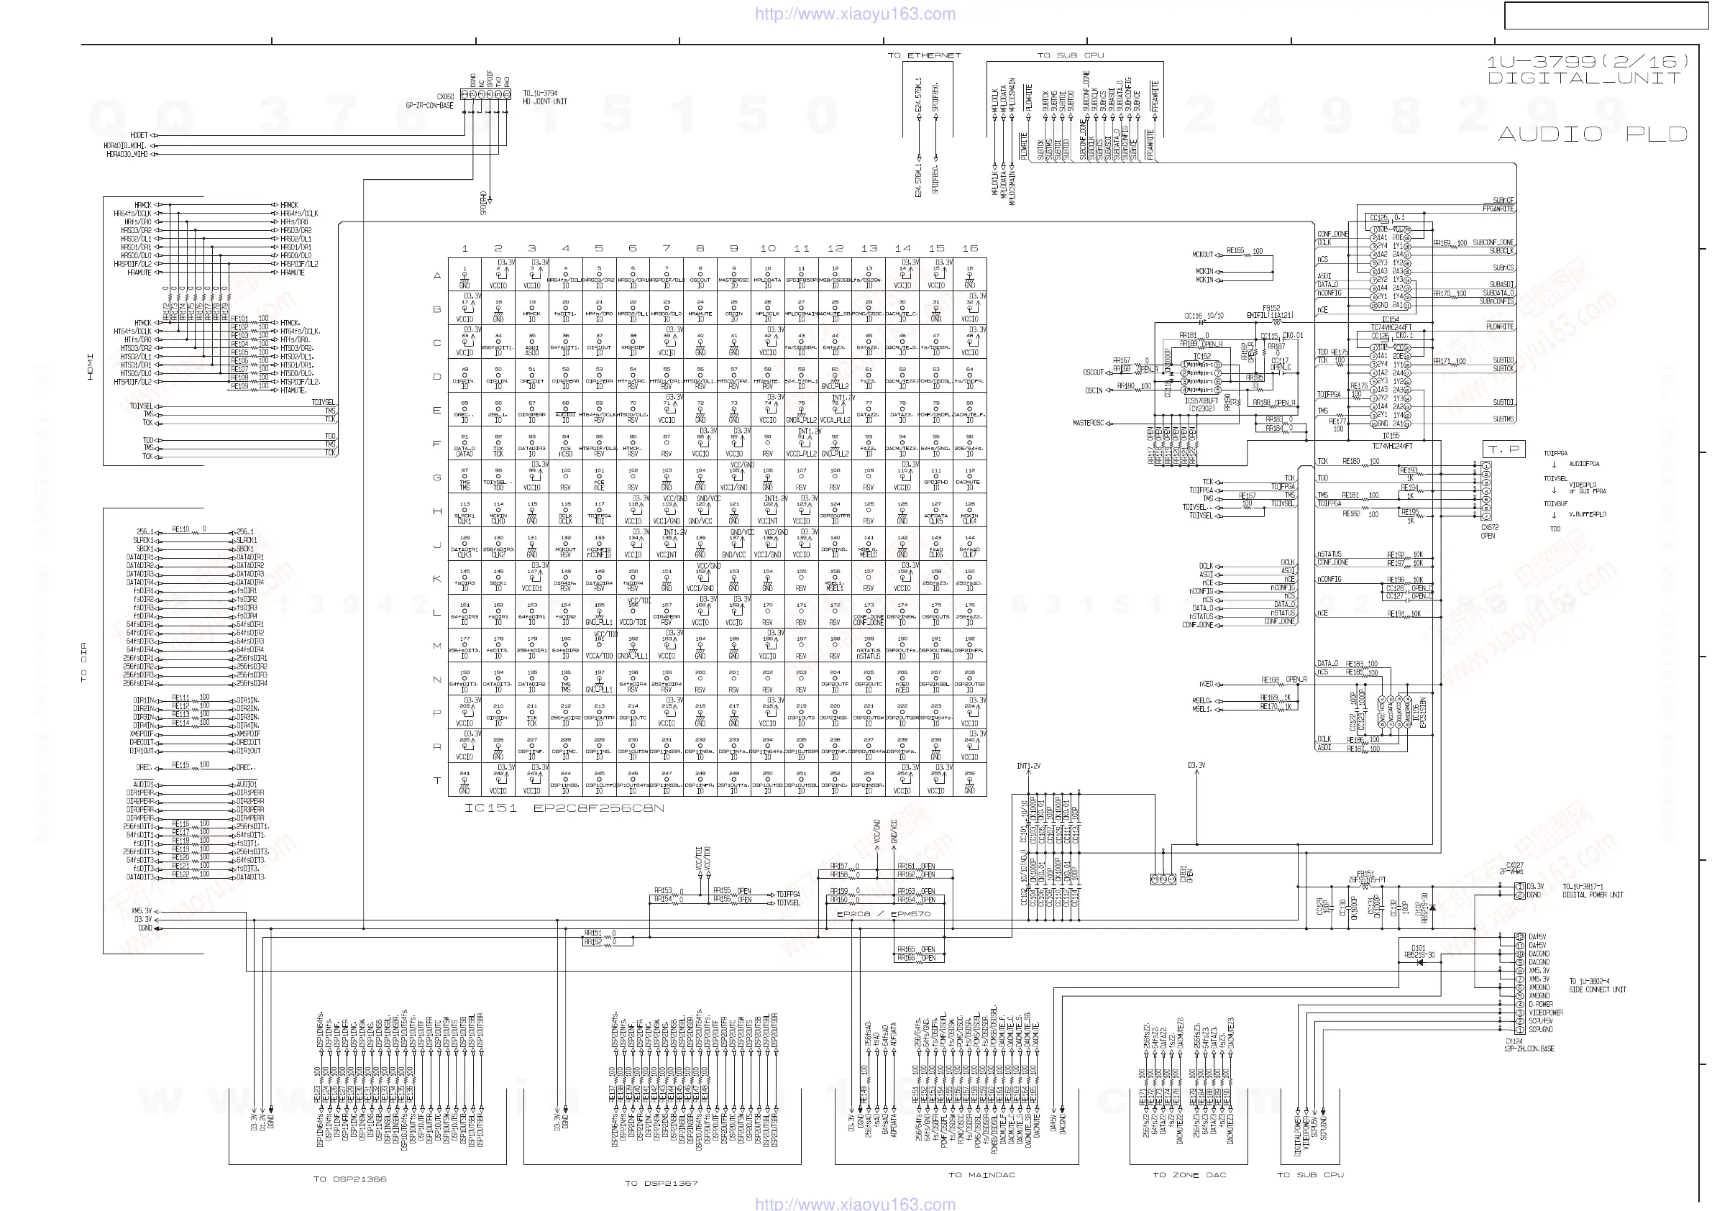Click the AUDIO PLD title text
pos(1593,134)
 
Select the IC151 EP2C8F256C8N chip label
pos(564,808)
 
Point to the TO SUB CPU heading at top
pos(1070,55)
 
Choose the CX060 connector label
pos(445,97)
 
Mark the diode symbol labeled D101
pos(1419,963)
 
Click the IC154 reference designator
pos(1390,319)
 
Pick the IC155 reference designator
pos(1391,436)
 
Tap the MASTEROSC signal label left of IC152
pos(1088,423)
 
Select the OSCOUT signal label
pos(1093,372)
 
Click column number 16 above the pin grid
pos(969,248)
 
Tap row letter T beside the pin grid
pos(437,780)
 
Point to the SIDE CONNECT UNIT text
pos(1597,990)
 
